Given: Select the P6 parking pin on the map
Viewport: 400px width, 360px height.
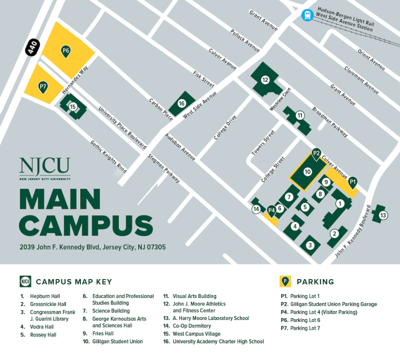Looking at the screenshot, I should point(66,50).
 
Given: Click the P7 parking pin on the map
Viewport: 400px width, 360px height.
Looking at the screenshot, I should point(43,86).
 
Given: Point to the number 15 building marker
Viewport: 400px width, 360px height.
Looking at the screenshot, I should point(73,106).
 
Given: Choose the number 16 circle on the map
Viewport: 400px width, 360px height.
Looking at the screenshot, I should point(182,104).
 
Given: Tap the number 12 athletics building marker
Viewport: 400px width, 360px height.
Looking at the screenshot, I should point(265,80).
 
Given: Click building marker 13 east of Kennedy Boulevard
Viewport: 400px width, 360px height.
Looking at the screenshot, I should point(383,215).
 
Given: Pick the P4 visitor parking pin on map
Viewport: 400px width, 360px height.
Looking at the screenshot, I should point(271,210).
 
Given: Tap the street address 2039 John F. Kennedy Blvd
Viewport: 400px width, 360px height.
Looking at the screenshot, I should point(93,248).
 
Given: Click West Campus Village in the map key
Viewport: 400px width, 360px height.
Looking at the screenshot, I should point(196,334).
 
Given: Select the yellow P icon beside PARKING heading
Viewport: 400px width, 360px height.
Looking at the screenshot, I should point(285,281).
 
